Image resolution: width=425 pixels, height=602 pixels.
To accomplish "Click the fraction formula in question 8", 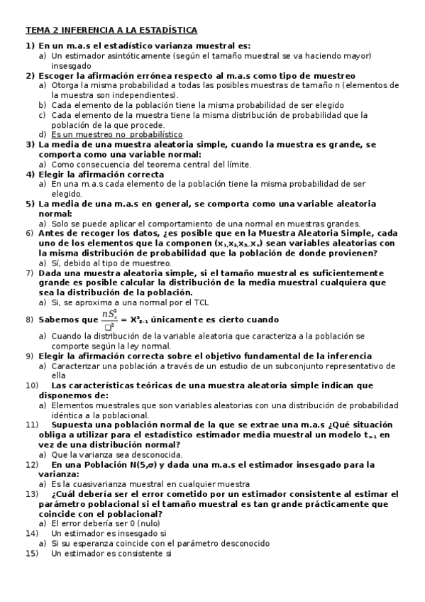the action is click(x=111, y=319).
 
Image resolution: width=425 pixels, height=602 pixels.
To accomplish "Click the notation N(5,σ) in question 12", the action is click(x=137, y=464).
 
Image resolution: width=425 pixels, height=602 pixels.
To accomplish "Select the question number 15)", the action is click(x=32, y=553).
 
